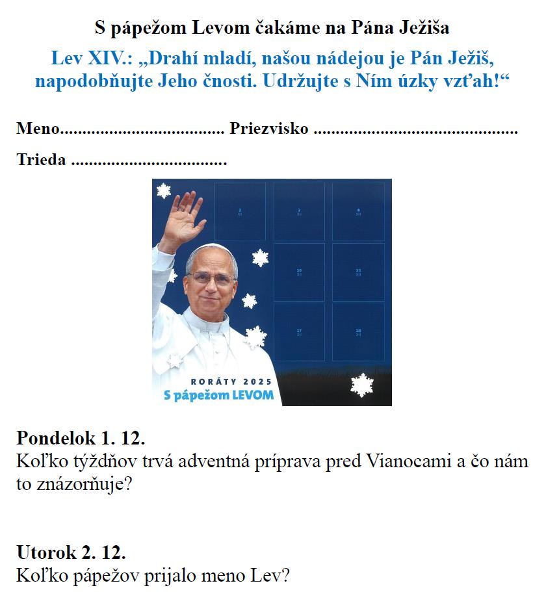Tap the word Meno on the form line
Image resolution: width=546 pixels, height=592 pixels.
click(38, 129)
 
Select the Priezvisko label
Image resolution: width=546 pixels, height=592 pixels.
click(268, 129)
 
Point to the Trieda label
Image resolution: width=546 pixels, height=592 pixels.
click(41, 160)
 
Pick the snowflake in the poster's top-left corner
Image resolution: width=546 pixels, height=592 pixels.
click(163, 190)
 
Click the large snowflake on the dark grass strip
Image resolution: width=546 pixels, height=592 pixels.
click(361, 385)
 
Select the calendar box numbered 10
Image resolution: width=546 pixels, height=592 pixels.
click(299, 272)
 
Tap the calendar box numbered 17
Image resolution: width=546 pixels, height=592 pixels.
click(299, 333)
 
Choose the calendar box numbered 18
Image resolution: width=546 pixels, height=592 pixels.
click(358, 333)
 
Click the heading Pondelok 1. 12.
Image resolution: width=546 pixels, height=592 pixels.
click(81, 437)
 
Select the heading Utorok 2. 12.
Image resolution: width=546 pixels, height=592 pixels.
click(71, 553)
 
